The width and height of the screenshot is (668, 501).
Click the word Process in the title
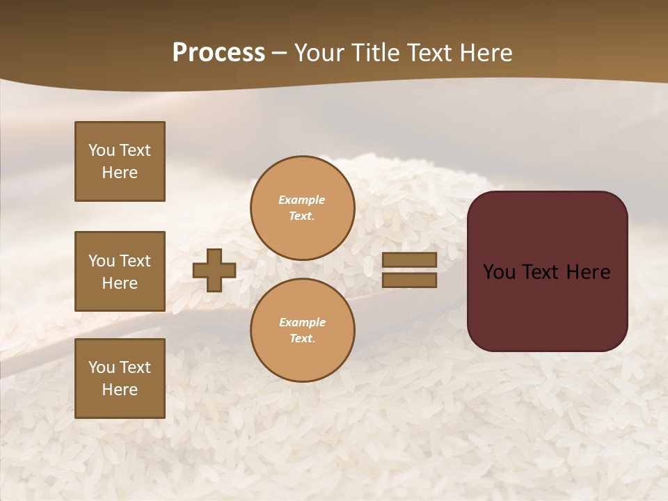click(x=218, y=53)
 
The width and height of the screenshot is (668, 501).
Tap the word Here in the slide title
click(x=483, y=53)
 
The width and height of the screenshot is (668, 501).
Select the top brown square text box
click(x=120, y=161)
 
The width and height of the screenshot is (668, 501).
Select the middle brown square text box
click(x=120, y=271)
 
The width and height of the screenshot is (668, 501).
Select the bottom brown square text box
click(x=120, y=379)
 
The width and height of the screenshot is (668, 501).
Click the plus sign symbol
click(x=214, y=270)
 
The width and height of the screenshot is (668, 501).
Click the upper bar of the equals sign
click(x=410, y=260)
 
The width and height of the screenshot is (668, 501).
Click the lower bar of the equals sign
click(x=410, y=280)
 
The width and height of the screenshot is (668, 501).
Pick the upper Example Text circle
click(x=302, y=207)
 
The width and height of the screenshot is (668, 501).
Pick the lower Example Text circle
click(x=302, y=330)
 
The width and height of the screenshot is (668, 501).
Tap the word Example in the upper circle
click(x=302, y=200)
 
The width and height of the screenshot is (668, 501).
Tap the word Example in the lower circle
click(x=302, y=322)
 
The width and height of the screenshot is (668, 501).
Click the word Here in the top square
click(x=120, y=173)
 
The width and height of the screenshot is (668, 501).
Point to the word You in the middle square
click(x=101, y=261)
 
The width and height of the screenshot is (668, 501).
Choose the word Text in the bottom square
click(x=135, y=367)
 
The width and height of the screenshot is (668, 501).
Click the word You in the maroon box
click(x=498, y=272)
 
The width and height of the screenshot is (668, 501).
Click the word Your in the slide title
click(x=319, y=53)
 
